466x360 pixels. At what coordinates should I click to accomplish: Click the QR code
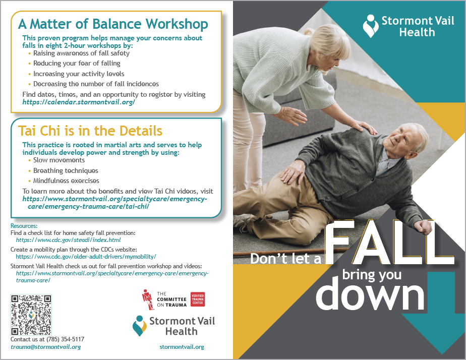[x=31, y=315]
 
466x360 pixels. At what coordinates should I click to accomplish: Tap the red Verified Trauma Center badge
[x=198, y=299]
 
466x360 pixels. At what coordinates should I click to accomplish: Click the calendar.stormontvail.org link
[x=79, y=102]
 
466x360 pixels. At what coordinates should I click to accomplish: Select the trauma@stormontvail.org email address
[x=46, y=347]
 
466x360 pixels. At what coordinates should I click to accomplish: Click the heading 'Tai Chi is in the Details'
[x=90, y=131]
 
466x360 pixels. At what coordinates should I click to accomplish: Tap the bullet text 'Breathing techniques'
[x=66, y=170]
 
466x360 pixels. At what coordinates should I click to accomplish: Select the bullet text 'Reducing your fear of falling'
[x=77, y=63]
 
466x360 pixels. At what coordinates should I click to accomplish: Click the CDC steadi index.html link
[x=69, y=240]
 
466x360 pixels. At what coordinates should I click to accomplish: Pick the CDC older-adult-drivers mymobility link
[x=86, y=257]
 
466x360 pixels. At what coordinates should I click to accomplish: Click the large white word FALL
[x=390, y=243]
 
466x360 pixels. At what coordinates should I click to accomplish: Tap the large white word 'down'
[x=370, y=293]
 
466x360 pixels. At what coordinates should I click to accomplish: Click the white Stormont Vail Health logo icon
[x=371, y=26]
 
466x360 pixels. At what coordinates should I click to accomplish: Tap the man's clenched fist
[x=422, y=227]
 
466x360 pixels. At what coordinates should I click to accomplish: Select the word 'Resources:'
[x=24, y=226]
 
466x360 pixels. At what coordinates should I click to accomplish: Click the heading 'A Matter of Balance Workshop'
[x=113, y=24]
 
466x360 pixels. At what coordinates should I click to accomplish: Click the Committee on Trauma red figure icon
[x=148, y=299]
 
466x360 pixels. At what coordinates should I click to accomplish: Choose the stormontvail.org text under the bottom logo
[x=182, y=347]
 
